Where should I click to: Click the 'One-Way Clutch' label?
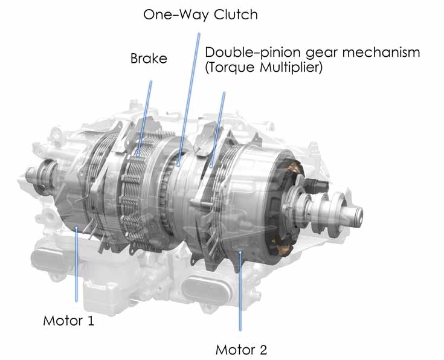click(201, 14)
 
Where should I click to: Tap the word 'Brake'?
click(149, 59)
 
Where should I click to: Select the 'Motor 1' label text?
click(68, 321)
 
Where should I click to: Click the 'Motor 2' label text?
click(241, 350)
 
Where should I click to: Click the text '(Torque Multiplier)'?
click(264, 68)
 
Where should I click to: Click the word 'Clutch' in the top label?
click(236, 14)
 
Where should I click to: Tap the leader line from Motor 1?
click(76, 264)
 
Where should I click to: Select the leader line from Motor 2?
click(240, 291)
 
